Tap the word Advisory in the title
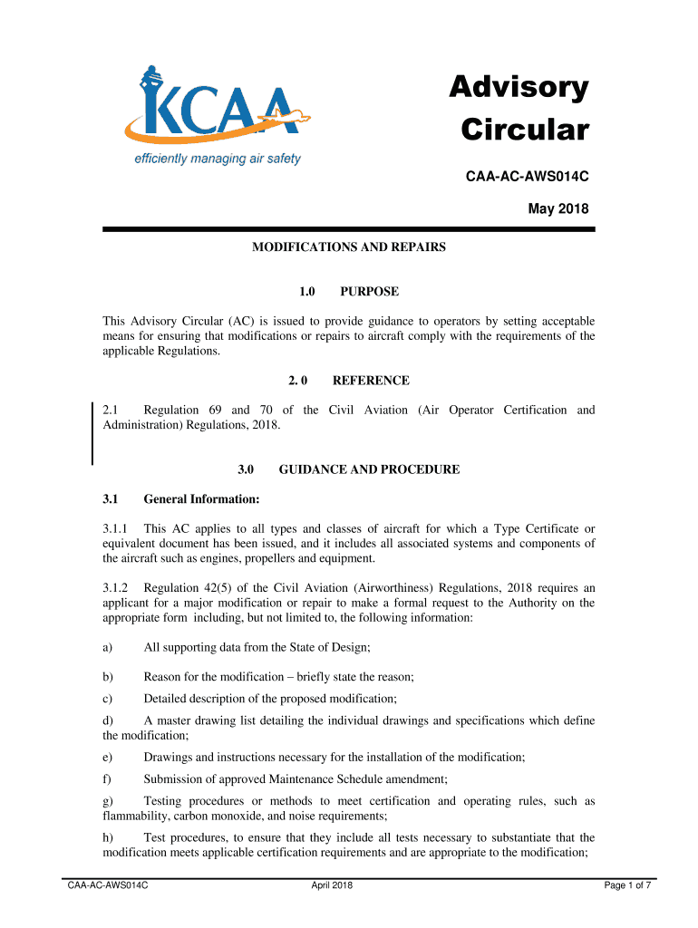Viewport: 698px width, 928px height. pyautogui.click(x=519, y=89)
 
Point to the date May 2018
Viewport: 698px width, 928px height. pyautogui.click(x=558, y=209)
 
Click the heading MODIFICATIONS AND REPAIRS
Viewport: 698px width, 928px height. pyautogui.click(x=349, y=246)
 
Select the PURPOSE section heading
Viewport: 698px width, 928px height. pyautogui.click(x=369, y=292)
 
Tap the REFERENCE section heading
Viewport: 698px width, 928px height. pyautogui.click(x=371, y=381)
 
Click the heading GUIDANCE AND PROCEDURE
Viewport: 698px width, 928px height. pyautogui.click(x=369, y=469)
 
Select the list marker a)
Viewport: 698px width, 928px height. pyautogui.click(x=108, y=647)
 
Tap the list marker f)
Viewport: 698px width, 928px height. pyautogui.click(x=107, y=778)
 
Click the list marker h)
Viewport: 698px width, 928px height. pyautogui.click(x=108, y=837)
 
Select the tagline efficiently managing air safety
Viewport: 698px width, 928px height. pyautogui.click(x=218, y=159)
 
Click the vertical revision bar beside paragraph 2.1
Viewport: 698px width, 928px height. pyautogui.click(x=92, y=433)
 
